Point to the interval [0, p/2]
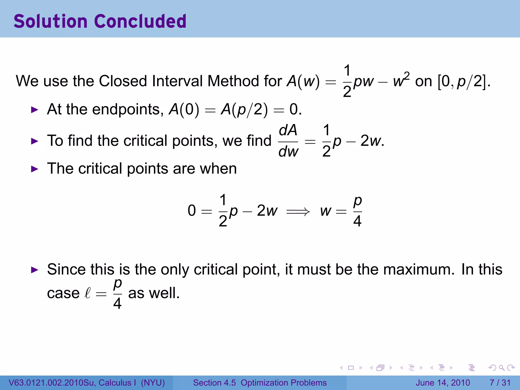coord(464,81)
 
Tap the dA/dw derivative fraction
coord(288,141)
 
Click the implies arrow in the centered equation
coord(298,211)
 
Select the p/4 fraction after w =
coord(357,211)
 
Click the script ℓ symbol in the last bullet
coord(87,294)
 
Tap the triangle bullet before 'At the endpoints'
coord(34,110)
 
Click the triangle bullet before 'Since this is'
coord(34,270)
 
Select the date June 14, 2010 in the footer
coord(443,383)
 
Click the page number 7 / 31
coord(500,383)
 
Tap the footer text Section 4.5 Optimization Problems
coord(260,383)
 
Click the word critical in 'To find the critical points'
coord(145,141)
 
